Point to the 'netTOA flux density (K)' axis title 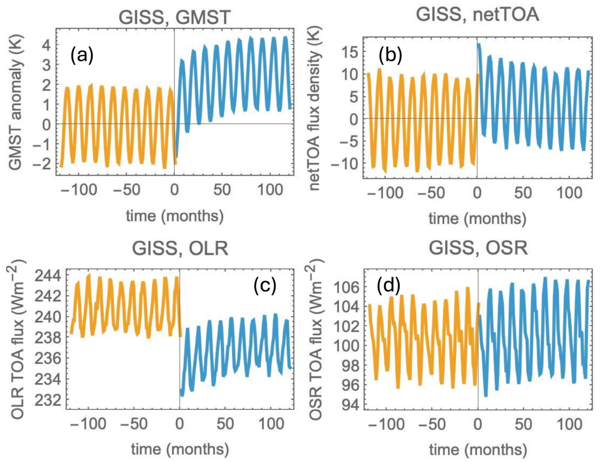(315, 108)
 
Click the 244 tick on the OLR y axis (48, 276)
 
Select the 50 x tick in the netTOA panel (523, 193)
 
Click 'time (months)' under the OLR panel (180, 449)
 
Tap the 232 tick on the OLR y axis (48, 400)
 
